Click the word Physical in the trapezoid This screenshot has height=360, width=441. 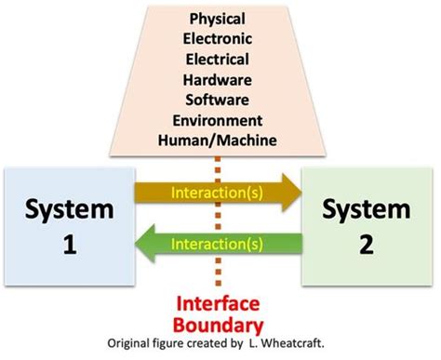[221, 18]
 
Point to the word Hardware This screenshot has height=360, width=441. [221, 82]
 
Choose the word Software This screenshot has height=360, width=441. [221, 100]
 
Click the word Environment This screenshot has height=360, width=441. [221, 121]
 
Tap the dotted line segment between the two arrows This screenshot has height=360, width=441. [218, 220]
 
